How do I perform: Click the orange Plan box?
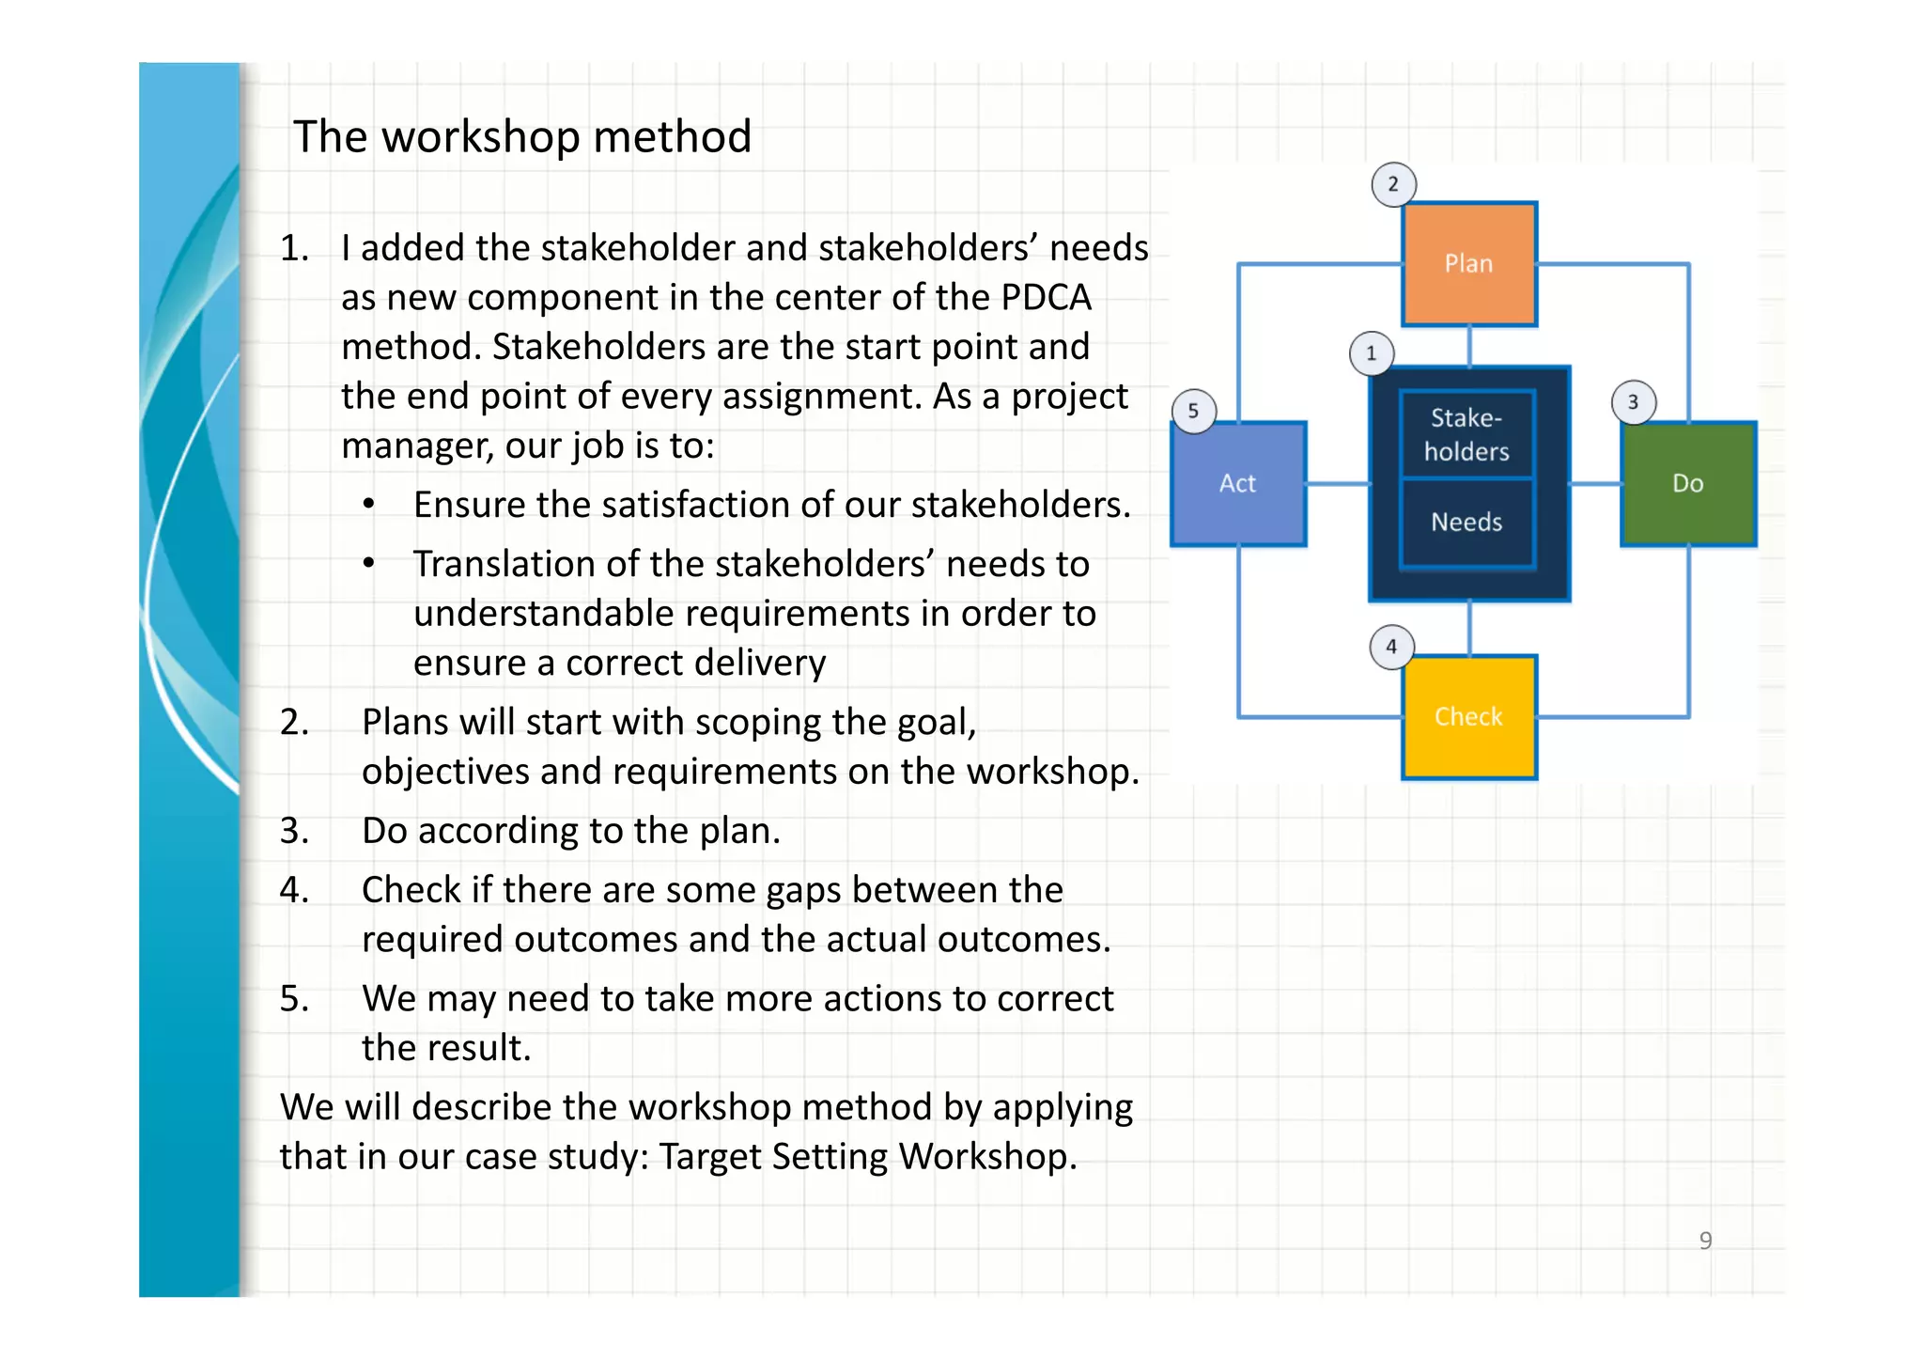point(1468,264)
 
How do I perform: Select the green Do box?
point(1687,484)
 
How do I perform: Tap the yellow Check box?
point(1468,717)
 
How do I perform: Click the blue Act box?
point(1237,484)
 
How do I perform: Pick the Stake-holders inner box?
point(1466,434)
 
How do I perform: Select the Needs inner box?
point(1466,523)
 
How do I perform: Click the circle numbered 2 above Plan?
point(1393,184)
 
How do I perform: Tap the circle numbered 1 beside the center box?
point(1371,354)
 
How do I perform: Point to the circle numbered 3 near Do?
point(1633,402)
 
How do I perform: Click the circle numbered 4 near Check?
point(1391,647)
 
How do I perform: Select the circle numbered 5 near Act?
point(1193,411)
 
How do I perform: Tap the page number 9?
point(1705,1241)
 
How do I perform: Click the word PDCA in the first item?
point(1045,298)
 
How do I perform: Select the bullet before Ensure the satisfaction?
point(369,505)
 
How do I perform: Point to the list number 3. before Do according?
point(294,831)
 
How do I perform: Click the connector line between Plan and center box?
point(1468,346)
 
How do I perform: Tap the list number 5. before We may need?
point(294,998)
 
